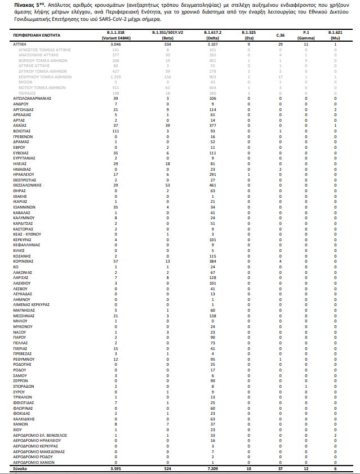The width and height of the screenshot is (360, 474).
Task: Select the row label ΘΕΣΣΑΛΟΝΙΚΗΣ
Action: coord(27,184)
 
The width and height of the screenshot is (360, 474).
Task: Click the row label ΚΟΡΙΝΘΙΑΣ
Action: coord(24,261)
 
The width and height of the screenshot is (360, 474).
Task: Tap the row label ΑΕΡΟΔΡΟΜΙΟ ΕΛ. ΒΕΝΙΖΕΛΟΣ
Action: coord(40,435)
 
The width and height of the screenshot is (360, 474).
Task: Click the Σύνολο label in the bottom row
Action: coord(20,468)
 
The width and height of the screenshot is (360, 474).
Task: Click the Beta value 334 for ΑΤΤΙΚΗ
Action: coord(166,43)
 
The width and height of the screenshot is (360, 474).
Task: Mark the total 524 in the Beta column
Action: coord(166,468)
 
